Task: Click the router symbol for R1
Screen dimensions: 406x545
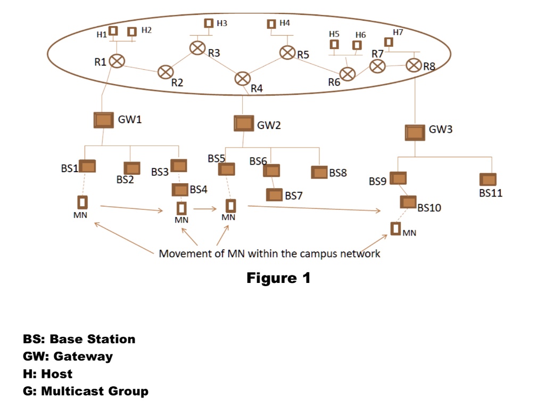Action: [117, 61]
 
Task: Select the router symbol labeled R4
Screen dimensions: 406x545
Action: [243, 78]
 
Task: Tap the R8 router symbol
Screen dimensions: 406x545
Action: [414, 65]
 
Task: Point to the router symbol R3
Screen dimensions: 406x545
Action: [197, 48]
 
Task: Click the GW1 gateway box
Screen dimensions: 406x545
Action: [103, 119]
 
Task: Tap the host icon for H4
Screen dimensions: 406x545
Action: [271, 24]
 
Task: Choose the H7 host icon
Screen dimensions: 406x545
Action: [389, 42]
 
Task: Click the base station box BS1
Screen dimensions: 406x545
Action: [87, 166]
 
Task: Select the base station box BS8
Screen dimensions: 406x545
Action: [319, 173]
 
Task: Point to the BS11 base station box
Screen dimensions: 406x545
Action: [487, 180]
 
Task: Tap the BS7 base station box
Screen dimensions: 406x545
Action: [275, 195]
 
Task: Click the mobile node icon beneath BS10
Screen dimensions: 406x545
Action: [395, 229]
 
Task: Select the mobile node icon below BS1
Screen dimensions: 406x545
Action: [82, 202]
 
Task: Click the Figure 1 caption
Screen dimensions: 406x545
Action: [278, 278]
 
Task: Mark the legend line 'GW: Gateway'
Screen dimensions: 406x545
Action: [68, 356]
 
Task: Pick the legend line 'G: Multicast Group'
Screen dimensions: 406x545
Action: [86, 391]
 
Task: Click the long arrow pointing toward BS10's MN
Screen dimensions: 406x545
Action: [314, 208]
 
